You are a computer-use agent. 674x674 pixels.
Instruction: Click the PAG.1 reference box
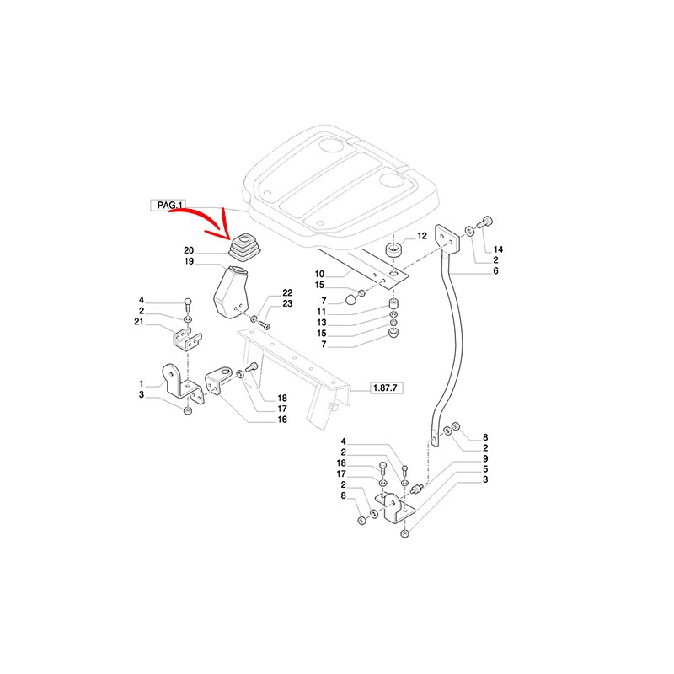pos(170,205)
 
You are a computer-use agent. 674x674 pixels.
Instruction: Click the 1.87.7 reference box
pos(387,388)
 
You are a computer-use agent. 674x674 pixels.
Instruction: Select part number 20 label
pos(188,251)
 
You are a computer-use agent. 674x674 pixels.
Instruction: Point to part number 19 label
pos(188,262)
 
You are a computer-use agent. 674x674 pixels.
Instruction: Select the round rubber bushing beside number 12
pos(393,250)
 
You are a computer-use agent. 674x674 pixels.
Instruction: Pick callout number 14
pos(498,250)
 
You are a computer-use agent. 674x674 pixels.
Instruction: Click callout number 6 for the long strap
pos(496,272)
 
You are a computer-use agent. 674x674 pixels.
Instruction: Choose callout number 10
pos(320,275)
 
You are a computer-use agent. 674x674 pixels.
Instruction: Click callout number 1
pos(142,383)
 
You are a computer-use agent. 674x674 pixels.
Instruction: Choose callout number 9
pos(485,458)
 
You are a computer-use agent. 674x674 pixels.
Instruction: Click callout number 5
pos(485,469)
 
